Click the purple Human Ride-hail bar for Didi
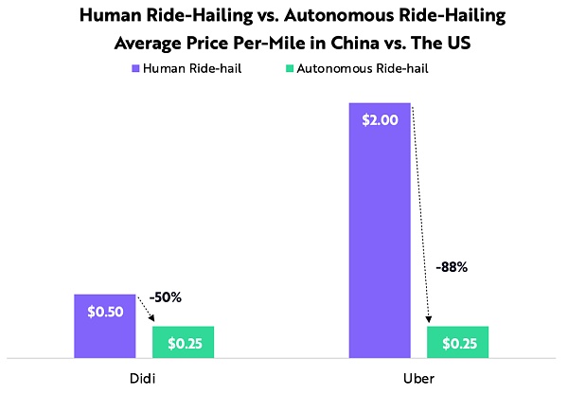point(104,327)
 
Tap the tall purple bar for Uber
point(380,237)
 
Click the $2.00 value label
point(380,120)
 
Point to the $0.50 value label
point(104,312)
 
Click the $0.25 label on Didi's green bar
point(183,343)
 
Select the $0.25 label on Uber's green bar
point(458,343)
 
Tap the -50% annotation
point(165,297)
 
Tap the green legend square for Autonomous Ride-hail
point(288,68)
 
